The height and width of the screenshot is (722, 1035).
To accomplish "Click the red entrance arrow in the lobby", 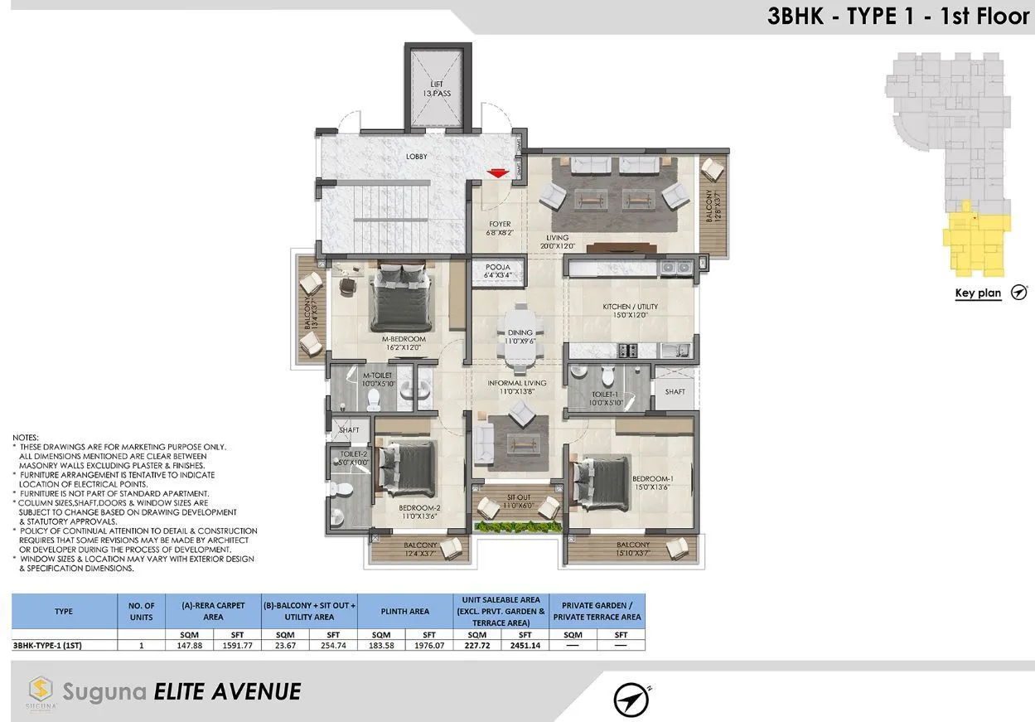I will pyautogui.click(x=497, y=172).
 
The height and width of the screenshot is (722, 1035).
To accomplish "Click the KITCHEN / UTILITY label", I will pyautogui.click(x=630, y=311).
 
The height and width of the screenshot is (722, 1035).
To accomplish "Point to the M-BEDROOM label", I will pyautogui.click(x=404, y=343).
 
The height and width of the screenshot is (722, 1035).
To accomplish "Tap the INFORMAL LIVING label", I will pyautogui.click(x=516, y=387).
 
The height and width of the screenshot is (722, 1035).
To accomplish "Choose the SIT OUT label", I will pyautogui.click(x=520, y=500).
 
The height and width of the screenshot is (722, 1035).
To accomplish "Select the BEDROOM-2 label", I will pyautogui.click(x=418, y=511).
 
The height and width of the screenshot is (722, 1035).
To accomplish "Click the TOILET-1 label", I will pyautogui.click(x=606, y=399).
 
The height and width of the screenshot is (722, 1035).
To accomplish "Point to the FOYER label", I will pyautogui.click(x=500, y=228).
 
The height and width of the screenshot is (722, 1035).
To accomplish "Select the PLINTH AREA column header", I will pyautogui.click(x=404, y=611).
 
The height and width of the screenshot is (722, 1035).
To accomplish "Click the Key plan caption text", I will pyautogui.click(x=978, y=293).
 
